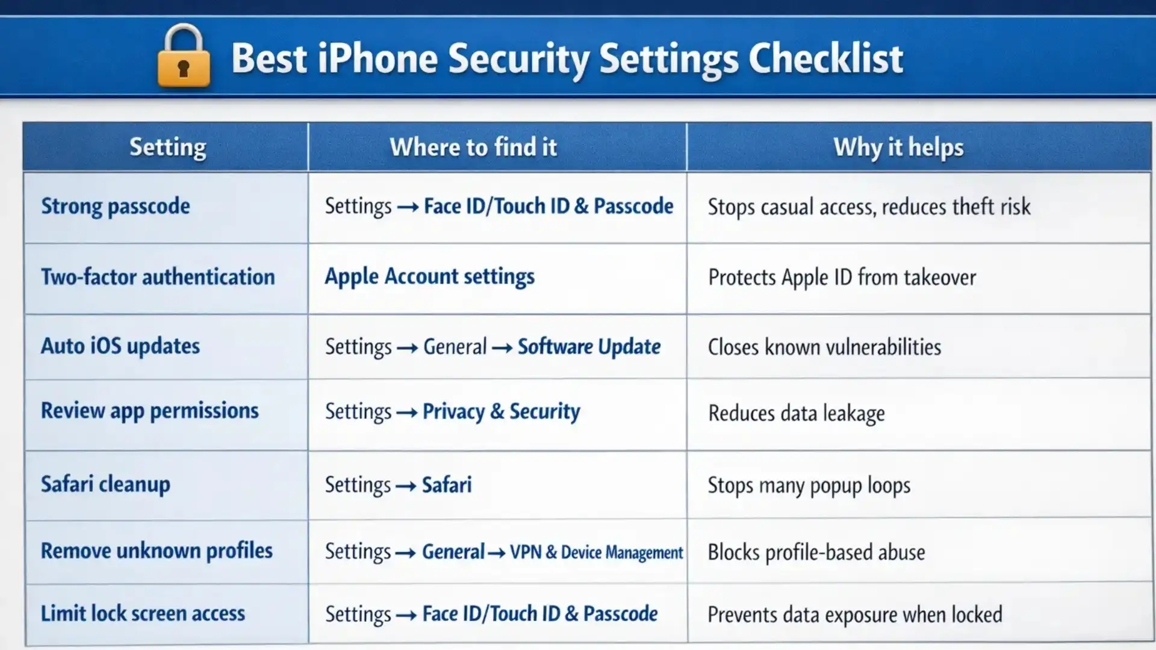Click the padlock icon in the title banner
[x=184, y=57]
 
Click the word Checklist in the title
[x=825, y=59]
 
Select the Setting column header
[x=167, y=147]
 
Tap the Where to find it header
[x=473, y=147]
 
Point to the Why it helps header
[x=898, y=147]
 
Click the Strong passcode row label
[x=116, y=206]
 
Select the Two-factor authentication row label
[x=158, y=277]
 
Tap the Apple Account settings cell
[x=429, y=277]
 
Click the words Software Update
[x=589, y=347]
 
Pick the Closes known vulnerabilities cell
[x=824, y=347]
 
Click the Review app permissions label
[x=149, y=410]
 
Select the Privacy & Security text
[x=501, y=412]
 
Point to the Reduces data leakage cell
[x=796, y=413]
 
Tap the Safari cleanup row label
[x=105, y=484]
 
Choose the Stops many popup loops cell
[x=809, y=485]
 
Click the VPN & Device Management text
[x=596, y=552]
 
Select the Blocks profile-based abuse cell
[x=816, y=552]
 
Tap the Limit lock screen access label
[x=143, y=613]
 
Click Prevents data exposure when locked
[x=854, y=614]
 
